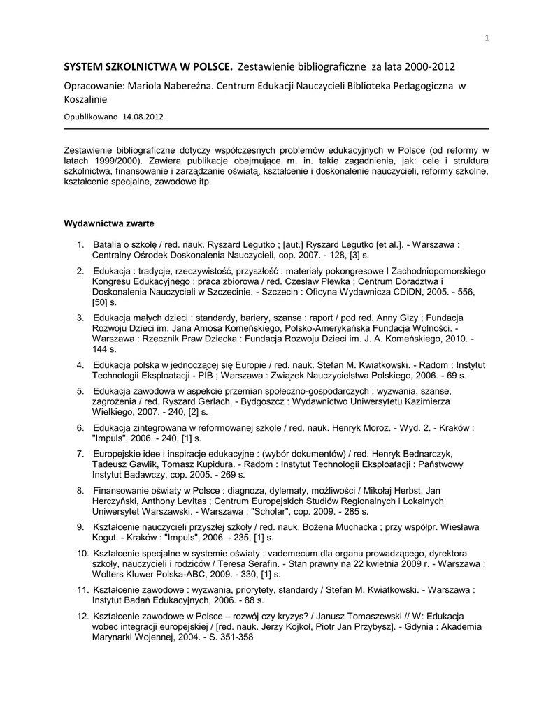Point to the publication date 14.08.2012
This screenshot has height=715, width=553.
143,117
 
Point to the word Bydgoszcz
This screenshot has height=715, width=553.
289,402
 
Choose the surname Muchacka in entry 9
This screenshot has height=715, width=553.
345,526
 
